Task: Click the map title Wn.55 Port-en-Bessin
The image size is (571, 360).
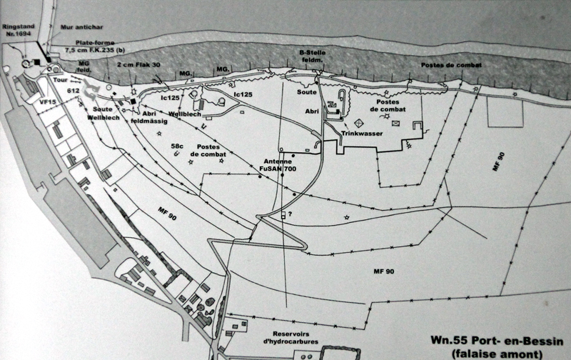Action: (497, 341)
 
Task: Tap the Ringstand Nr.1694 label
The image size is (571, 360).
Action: (19, 30)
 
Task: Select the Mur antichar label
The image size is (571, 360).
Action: (81, 27)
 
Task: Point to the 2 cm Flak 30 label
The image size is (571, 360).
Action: (138, 65)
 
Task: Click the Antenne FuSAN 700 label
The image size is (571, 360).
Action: (278, 165)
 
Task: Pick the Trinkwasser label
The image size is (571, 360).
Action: (362, 134)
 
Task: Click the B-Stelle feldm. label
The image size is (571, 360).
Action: (312, 56)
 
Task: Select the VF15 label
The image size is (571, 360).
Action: (48, 102)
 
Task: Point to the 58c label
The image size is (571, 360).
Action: (177, 146)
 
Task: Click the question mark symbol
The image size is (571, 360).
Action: (290, 214)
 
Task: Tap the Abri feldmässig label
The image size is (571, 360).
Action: (149, 117)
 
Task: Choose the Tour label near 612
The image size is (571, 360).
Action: (60, 80)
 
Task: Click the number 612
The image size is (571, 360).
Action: (73, 91)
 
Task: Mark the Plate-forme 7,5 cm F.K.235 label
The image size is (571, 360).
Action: (95, 46)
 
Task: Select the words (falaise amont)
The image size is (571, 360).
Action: (497, 354)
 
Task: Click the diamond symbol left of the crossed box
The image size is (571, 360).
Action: (359, 123)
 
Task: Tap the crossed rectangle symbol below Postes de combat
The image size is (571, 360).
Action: (396, 123)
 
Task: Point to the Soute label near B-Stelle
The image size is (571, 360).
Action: (307, 92)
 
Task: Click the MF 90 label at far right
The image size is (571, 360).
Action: (498, 161)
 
